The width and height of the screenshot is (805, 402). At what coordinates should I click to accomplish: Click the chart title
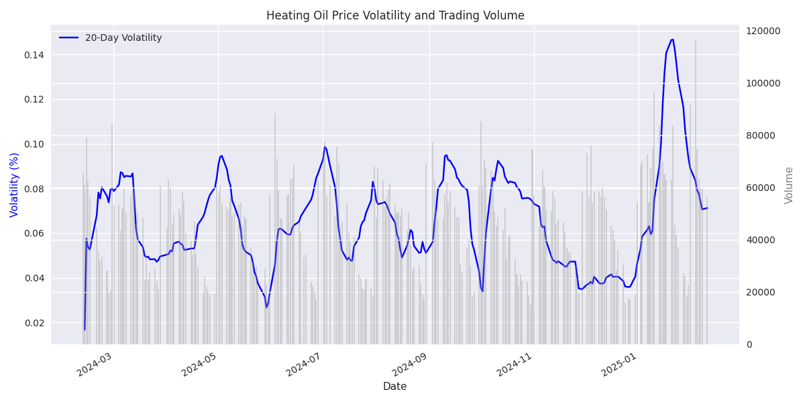pyautogui.click(x=395, y=15)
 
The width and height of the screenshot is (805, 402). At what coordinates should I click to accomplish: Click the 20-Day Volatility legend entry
pyautogui.click(x=123, y=38)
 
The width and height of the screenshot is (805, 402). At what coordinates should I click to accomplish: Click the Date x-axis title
pyautogui.click(x=394, y=387)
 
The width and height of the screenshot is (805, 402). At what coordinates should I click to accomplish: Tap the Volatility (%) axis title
pyautogui.click(x=15, y=184)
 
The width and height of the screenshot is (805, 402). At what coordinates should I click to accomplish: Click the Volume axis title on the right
pyautogui.click(x=789, y=185)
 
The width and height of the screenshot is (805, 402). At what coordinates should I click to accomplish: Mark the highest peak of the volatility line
pyautogui.click(x=672, y=39)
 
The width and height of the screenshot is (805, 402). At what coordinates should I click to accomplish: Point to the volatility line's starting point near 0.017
pyautogui.click(x=85, y=329)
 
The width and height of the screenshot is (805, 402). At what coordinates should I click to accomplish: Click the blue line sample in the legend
pyautogui.click(x=70, y=38)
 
